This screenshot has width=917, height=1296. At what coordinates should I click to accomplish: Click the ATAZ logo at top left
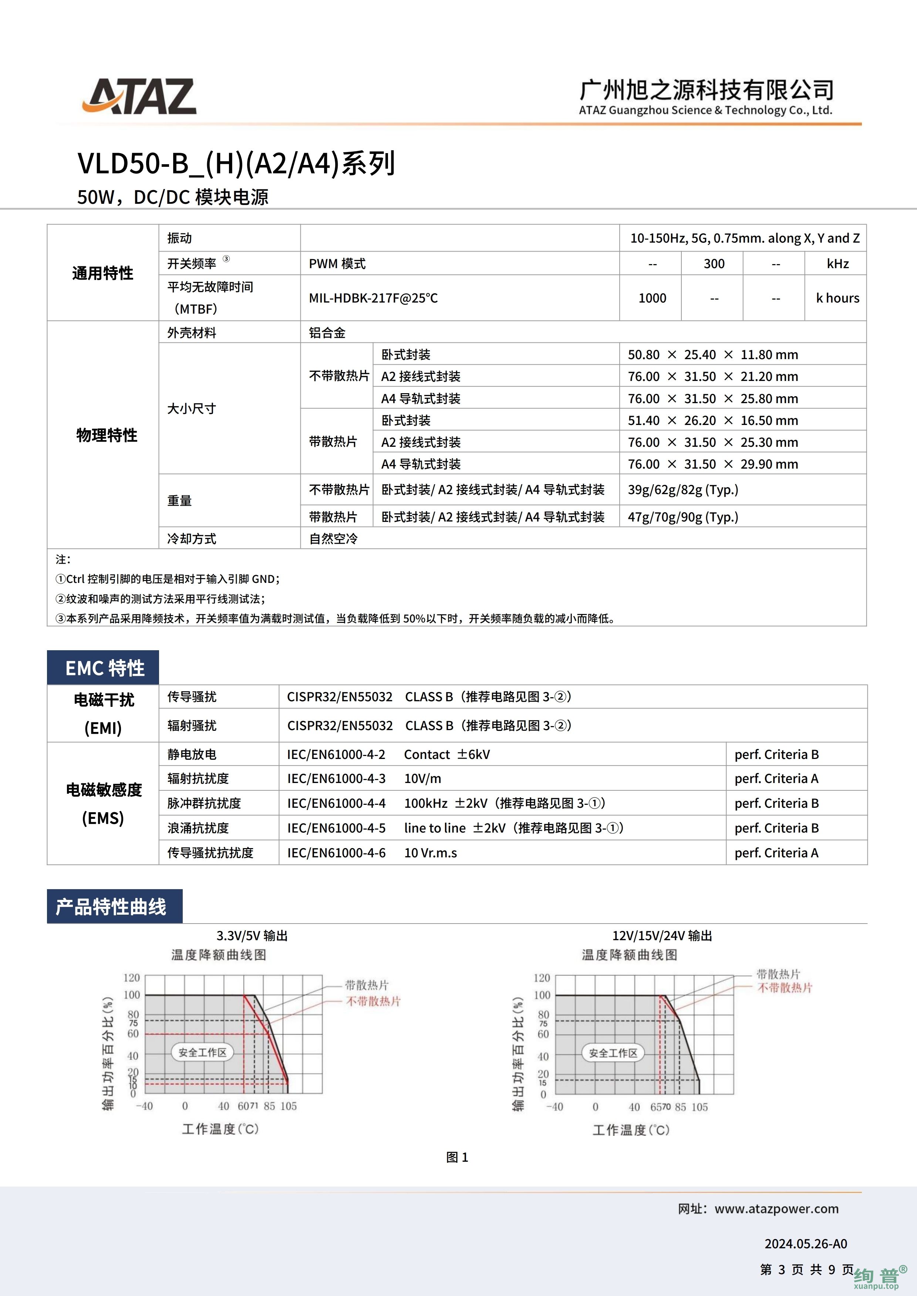(139, 97)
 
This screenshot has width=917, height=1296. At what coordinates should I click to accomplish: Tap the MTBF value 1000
(652, 298)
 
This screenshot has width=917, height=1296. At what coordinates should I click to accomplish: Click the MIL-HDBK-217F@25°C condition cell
(373, 298)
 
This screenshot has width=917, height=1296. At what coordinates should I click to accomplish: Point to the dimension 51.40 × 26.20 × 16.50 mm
(712, 421)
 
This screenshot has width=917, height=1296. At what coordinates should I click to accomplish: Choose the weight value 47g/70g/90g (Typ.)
(683, 517)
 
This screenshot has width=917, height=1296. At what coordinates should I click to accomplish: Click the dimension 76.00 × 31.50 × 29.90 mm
(712, 464)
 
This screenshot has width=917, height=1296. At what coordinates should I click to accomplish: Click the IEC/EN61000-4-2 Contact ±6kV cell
(388, 755)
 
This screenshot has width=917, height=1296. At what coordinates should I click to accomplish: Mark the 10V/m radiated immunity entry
(422, 779)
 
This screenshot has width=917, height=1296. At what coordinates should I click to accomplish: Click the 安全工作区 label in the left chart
(202, 1053)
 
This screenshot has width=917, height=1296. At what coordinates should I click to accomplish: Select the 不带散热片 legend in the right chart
(785, 988)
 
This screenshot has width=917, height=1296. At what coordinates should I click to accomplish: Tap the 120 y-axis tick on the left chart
(132, 978)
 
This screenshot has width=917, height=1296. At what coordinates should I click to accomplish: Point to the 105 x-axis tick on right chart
(699, 1107)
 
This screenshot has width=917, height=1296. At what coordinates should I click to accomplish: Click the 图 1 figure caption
(457, 1158)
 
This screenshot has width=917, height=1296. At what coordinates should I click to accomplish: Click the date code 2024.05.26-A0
(806, 1244)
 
